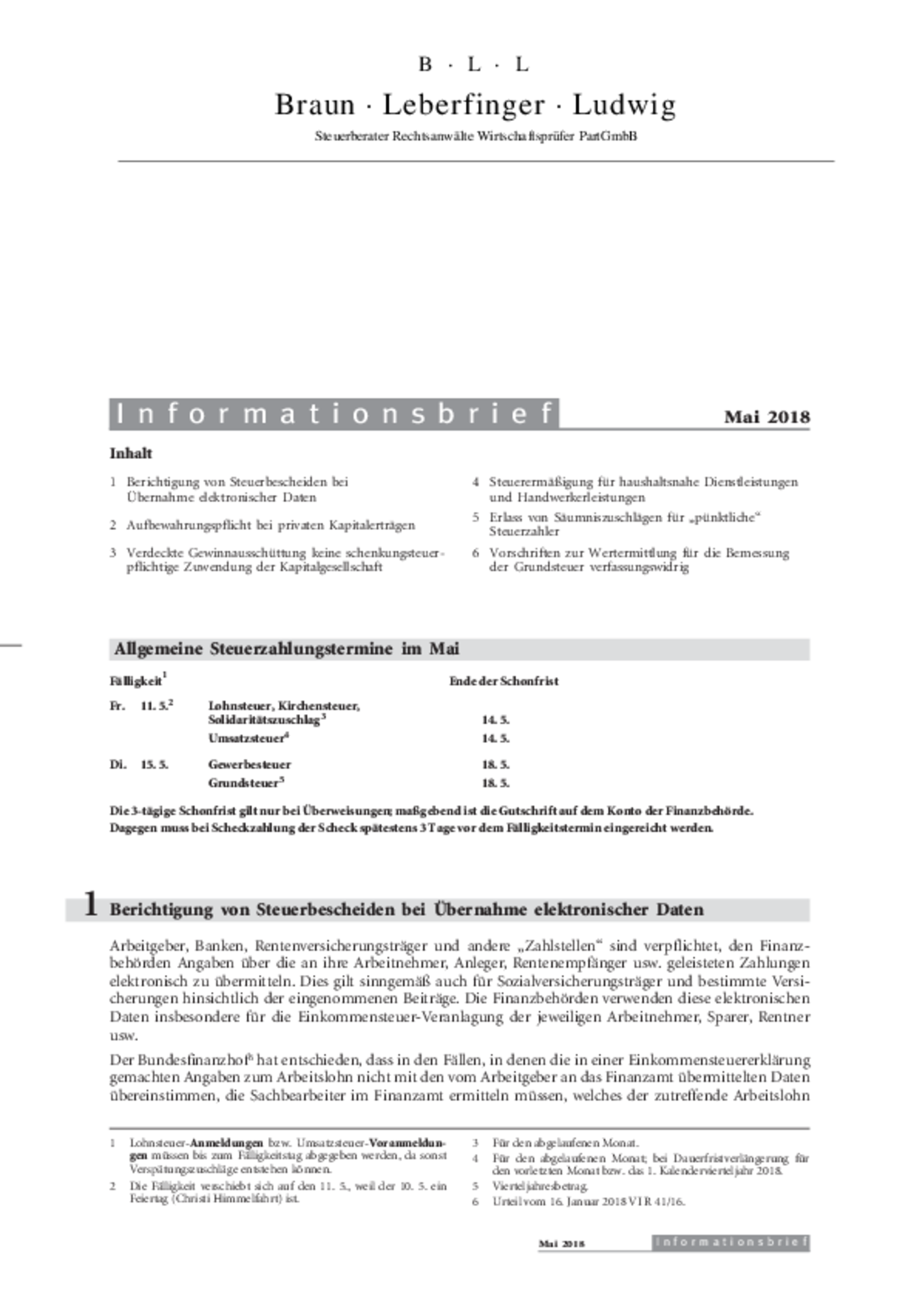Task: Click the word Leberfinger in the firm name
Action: coord(463,105)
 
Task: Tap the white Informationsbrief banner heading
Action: coord(334,414)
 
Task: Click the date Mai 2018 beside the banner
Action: coord(767,417)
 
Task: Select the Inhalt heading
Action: coord(131,453)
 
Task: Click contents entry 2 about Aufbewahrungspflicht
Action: coord(270,525)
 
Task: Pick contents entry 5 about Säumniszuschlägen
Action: coord(625,524)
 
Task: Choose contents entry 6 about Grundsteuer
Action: coord(638,559)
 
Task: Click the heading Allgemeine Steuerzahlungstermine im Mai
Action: coord(286,648)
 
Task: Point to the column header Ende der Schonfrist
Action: coord(504,681)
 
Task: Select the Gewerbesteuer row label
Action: coord(249,764)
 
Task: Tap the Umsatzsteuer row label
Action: coord(247,738)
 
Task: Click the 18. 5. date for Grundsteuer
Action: coord(495,783)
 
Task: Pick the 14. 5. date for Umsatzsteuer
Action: coord(495,738)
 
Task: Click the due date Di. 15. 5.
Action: coord(139,764)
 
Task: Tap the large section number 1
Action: coord(91,904)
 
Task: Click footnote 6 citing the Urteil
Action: coord(588,1201)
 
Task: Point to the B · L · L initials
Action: coord(473,64)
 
